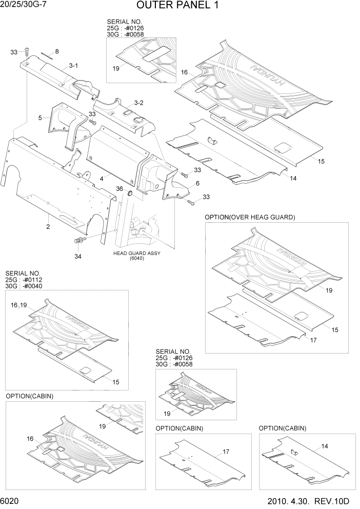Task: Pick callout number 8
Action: coord(57,51)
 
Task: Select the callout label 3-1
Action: coord(73,66)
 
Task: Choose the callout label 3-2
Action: coord(138,103)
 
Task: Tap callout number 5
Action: coord(40,118)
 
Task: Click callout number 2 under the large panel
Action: coord(48,226)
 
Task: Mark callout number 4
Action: coord(102,178)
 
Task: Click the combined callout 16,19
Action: coord(19,305)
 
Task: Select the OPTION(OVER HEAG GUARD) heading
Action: coord(250,217)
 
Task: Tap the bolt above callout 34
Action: coord(79,241)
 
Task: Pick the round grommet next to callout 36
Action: coord(130,193)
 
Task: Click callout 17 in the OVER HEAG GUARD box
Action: coord(313,339)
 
